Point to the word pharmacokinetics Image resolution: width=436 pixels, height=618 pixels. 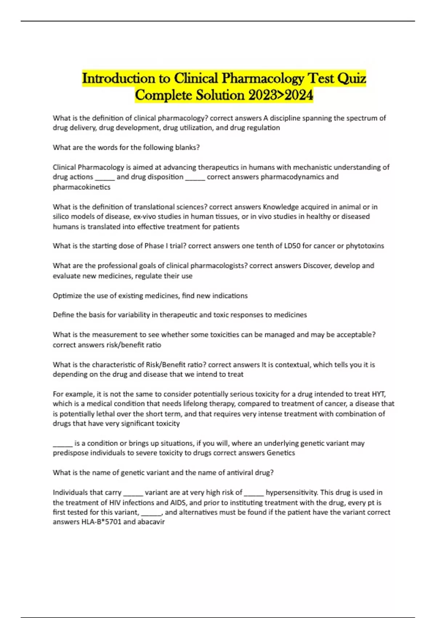point(81,187)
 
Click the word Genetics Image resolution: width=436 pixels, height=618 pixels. point(280,453)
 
